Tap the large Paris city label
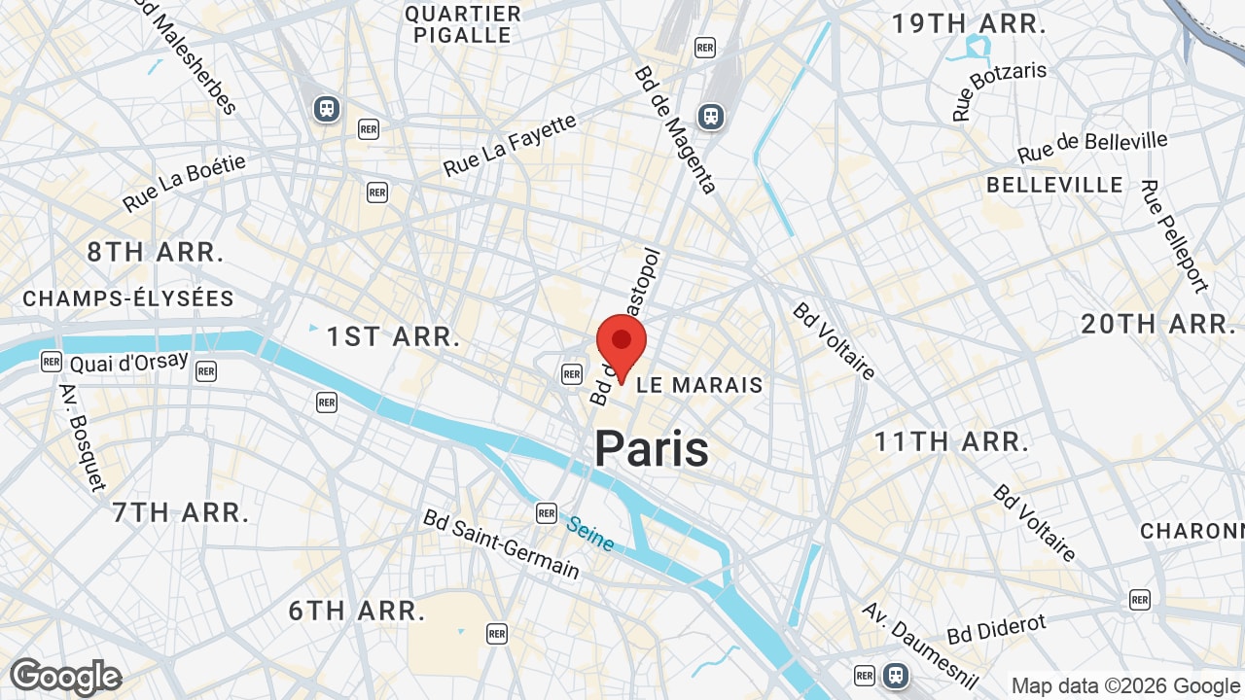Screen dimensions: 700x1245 pyautogui.click(x=652, y=449)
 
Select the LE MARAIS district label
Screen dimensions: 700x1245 pyautogui.click(x=699, y=385)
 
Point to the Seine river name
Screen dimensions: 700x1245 pyautogui.click(x=589, y=534)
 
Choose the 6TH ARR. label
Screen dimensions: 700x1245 pyautogui.click(x=357, y=612)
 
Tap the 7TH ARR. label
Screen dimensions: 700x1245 pyautogui.click(x=181, y=512)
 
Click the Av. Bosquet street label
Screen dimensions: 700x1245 pyautogui.click(x=82, y=437)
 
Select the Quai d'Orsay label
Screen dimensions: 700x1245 pyautogui.click(x=128, y=363)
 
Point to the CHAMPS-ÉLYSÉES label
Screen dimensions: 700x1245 pyautogui.click(x=128, y=298)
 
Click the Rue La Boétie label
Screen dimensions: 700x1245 pyautogui.click(x=185, y=183)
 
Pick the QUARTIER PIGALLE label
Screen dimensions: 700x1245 pyautogui.click(x=463, y=24)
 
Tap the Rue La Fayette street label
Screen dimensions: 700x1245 pyautogui.click(x=510, y=146)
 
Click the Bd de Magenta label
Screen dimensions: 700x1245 pyautogui.click(x=675, y=129)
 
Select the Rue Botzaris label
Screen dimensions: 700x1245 pyautogui.click(x=999, y=91)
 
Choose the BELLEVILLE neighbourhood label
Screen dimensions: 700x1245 pyautogui.click(x=1054, y=185)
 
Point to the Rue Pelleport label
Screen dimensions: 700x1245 pyautogui.click(x=1174, y=235)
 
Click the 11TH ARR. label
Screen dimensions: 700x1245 pyautogui.click(x=950, y=442)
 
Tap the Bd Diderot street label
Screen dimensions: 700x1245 pyautogui.click(x=996, y=629)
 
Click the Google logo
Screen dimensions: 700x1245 pyautogui.click(x=65, y=677)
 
